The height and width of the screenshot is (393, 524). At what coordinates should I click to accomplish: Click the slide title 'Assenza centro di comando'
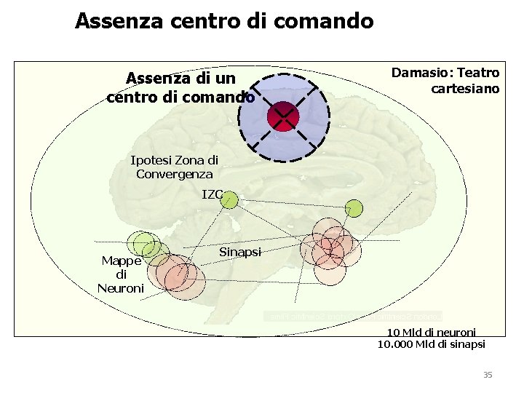pos(224,20)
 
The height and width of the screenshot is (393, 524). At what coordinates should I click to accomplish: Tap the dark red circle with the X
pos(283,116)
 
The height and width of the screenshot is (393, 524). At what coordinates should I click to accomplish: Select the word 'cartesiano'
pos(465,89)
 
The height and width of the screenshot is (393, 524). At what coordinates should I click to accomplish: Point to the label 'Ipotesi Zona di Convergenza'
pos(174,167)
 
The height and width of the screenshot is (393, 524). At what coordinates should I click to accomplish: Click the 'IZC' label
pos(212,194)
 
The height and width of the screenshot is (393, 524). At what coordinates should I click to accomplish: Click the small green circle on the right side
pos(354,209)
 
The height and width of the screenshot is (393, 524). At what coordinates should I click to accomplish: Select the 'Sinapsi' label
pos(239,252)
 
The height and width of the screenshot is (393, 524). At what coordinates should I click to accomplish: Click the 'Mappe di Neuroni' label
pos(121,274)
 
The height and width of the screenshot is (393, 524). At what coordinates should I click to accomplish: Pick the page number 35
pos(488,375)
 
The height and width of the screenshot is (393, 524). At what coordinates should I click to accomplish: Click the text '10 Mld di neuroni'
pos(426,333)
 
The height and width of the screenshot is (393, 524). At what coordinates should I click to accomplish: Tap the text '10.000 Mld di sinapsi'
pos(431,344)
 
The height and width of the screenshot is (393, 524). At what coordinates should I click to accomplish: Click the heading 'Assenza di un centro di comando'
pos(180,87)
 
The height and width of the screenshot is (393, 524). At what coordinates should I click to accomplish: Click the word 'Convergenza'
pos(175,174)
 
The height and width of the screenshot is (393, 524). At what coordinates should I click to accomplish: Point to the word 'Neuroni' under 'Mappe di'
pos(121,288)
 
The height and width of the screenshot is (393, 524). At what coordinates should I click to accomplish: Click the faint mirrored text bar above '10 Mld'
pos(353,317)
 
